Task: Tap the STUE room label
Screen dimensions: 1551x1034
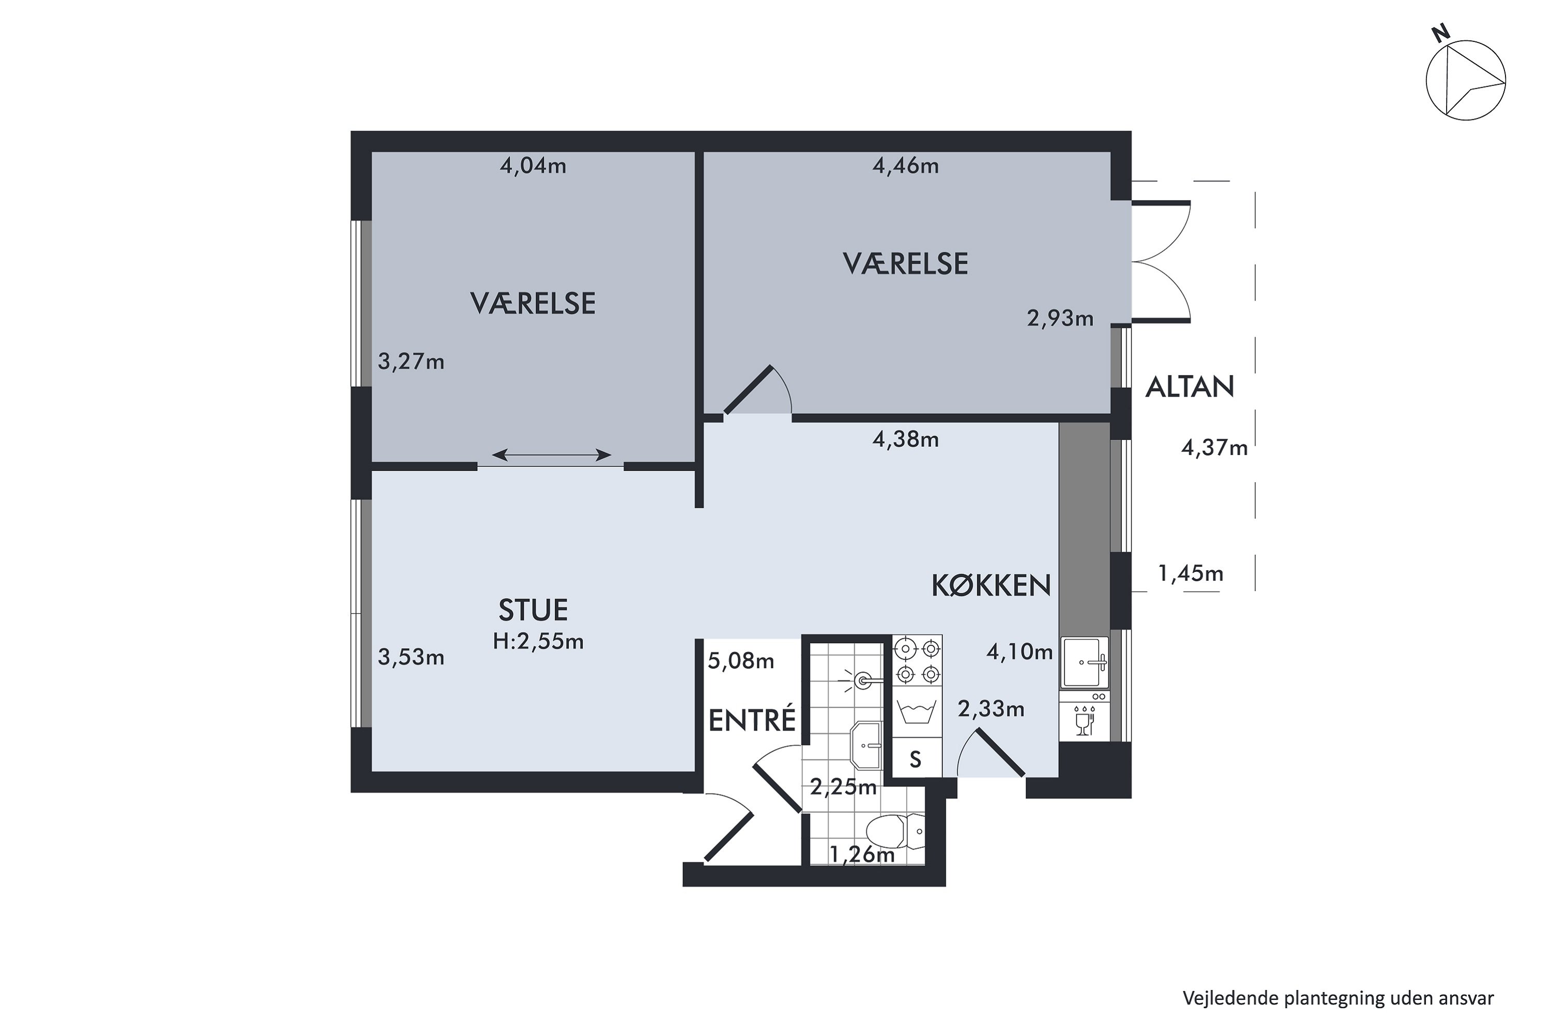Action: tap(533, 611)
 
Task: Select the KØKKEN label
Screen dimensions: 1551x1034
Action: tap(991, 586)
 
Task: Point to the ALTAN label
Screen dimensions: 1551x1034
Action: tap(1190, 387)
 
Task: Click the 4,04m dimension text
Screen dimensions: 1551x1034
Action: tap(533, 165)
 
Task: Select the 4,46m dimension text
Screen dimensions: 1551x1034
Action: tap(905, 165)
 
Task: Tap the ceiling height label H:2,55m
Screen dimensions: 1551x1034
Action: tap(538, 642)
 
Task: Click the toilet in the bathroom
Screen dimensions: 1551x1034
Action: tap(894, 832)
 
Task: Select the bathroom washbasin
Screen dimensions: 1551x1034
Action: tap(866, 745)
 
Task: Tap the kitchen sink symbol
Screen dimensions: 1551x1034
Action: tap(1084, 663)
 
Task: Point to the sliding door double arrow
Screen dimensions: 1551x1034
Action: tap(551, 454)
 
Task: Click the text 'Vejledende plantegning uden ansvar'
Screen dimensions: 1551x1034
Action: tap(1338, 998)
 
